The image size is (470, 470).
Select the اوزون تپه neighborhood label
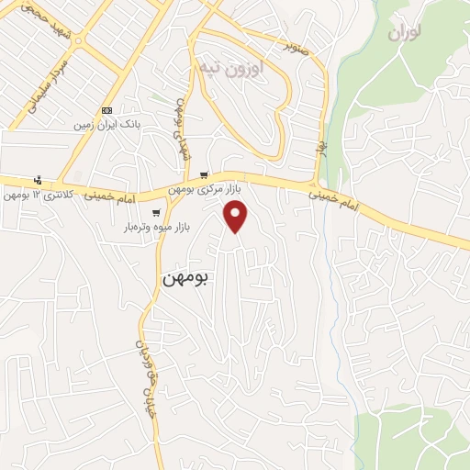pyautogui.click(x=231, y=67)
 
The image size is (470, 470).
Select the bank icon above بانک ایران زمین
pyautogui.click(x=107, y=109)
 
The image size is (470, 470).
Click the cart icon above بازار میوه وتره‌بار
pyautogui.click(x=158, y=213)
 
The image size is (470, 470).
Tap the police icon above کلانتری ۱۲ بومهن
pyautogui.click(x=37, y=180)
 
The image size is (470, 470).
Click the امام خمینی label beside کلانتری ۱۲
pyautogui.click(x=110, y=196)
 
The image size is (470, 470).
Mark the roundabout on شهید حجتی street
pyautogui.click(x=80, y=40)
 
